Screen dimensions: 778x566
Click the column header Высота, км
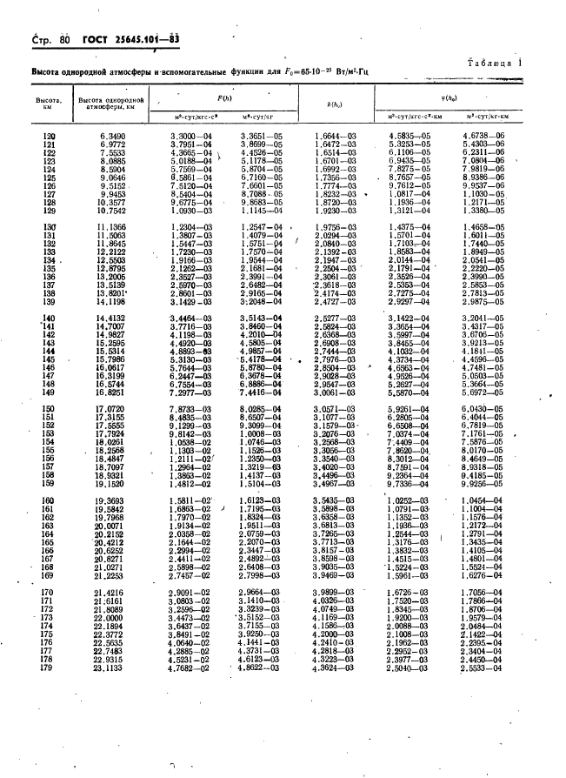[x=48, y=105]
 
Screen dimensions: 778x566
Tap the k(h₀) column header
[x=334, y=105]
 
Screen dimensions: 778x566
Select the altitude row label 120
[x=49, y=136]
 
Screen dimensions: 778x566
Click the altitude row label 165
[x=49, y=543]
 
